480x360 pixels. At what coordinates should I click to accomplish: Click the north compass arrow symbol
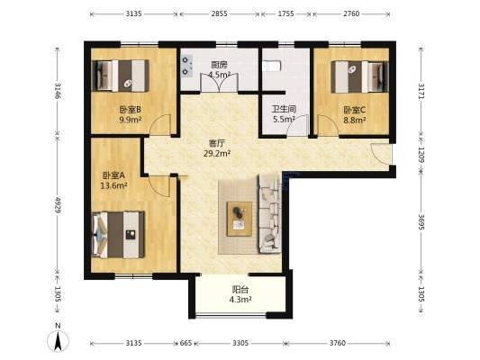pyautogui.click(x=58, y=340)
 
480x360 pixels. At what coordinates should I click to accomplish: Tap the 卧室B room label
pyautogui.click(x=130, y=110)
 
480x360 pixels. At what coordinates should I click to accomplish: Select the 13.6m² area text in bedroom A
pyautogui.click(x=113, y=185)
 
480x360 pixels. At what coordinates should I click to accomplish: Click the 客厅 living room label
pyautogui.click(x=217, y=143)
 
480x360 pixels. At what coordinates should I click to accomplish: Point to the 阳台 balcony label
pyautogui.click(x=240, y=289)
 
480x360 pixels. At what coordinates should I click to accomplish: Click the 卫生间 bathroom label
pyautogui.click(x=284, y=109)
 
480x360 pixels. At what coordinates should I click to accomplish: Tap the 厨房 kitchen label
pyautogui.click(x=219, y=65)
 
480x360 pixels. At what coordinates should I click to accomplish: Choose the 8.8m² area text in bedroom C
pyautogui.click(x=355, y=121)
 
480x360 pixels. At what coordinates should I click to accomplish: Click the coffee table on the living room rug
pyautogui.click(x=239, y=219)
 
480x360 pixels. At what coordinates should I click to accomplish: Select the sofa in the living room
pyautogui.click(x=270, y=214)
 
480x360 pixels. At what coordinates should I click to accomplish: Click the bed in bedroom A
pyautogui.click(x=118, y=235)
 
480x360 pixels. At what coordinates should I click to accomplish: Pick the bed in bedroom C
pyautogui.click(x=359, y=76)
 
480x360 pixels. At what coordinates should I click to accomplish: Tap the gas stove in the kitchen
pyautogui.click(x=186, y=66)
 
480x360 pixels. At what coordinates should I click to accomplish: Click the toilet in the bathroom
pyautogui.click(x=271, y=66)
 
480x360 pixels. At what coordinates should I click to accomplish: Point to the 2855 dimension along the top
pyautogui.click(x=219, y=13)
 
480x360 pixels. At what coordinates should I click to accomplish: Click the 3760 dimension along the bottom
pyautogui.click(x=338, y=343)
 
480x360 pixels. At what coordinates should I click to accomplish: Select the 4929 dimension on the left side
pyautogui.click(x=58, y=205)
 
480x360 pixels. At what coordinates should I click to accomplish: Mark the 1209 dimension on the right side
pyautogui.click(x=421, y=156)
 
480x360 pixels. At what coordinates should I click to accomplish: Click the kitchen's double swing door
pyautogui.click(x=219, y=82)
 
